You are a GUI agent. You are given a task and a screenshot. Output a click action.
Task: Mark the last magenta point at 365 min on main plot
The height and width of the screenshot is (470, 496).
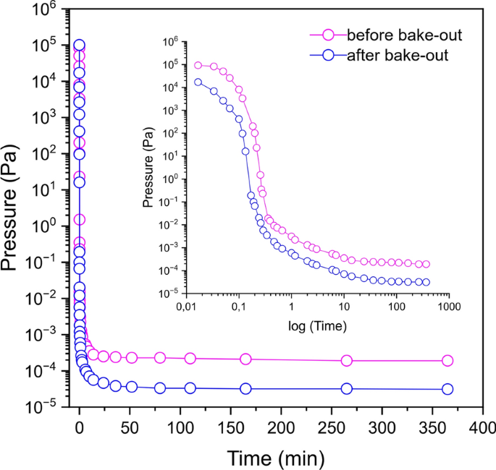pyautogui.click(x=447, y=361)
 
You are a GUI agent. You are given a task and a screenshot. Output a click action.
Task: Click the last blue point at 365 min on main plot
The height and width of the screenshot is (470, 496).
pyautogui.click(x=447, y=389)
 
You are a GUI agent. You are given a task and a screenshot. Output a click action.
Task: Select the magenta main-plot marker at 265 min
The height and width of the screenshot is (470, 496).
pyautogui.click(x=347, y=361)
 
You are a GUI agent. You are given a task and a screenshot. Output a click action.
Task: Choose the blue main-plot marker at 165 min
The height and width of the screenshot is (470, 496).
pyautogui.click(x=246, y=389)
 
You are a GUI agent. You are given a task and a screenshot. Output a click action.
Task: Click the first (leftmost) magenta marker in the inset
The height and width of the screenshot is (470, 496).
pyautogui.click(x=198, y=65)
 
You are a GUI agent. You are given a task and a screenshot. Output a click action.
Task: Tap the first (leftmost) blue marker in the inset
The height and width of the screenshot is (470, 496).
pyautogui.click(x=198, y=82)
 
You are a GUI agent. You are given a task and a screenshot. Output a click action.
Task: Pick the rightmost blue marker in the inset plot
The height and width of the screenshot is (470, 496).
pyautogui.click(x=426, y=282)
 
